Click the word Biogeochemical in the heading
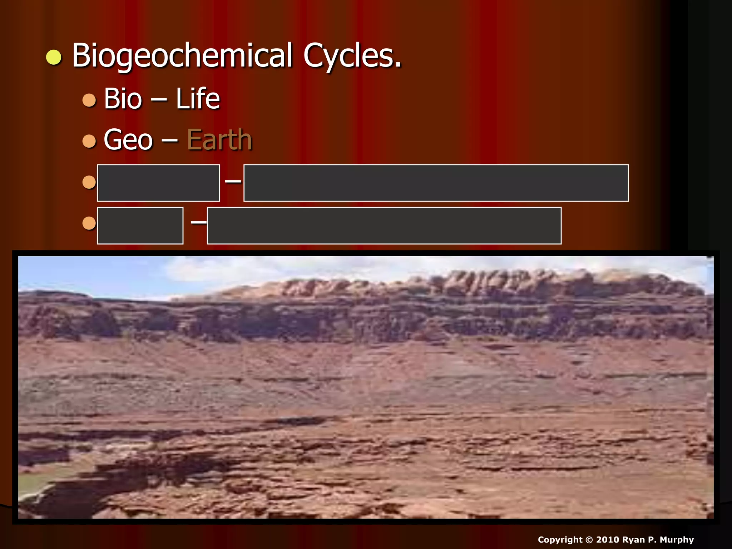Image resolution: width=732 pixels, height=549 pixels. click(182, 56)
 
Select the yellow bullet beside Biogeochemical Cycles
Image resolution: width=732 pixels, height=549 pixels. click(54, 58)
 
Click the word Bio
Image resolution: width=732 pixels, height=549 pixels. click(123, 99)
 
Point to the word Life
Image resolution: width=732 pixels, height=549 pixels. click(198, 99)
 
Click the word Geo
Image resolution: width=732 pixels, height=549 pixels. click(128, 140)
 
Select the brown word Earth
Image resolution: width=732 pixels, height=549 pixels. click(219, 140)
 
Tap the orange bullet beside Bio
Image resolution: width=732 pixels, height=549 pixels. click(89, 100)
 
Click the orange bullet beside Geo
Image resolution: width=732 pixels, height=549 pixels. click(89, 141)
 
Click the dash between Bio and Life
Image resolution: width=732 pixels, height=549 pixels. click(159, 100)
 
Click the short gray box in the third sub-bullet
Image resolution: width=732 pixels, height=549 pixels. click(158, 183)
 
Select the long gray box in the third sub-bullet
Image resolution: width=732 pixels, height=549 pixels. click(436, 183)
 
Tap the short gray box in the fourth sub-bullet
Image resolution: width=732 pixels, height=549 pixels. click(140, 226)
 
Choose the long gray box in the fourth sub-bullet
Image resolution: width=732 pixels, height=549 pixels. click(384, 226)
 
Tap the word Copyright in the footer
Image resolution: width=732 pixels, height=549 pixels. click(560, 540)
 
